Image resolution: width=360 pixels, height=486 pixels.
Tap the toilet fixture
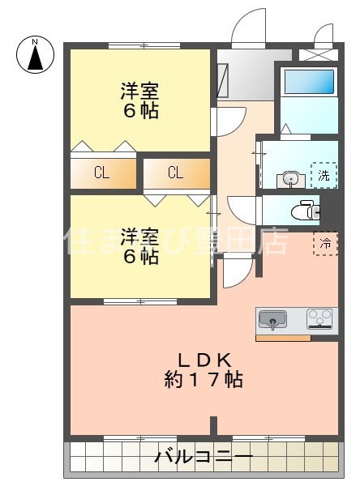point(308,207)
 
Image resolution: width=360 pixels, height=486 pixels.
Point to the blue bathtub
point(308,81)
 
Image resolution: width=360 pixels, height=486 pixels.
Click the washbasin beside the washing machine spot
point(289,179)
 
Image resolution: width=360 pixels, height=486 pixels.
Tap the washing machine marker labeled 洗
point(324,175)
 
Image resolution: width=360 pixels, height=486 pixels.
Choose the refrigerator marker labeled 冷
point(326,243)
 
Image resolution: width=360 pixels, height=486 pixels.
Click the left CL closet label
point(102,172)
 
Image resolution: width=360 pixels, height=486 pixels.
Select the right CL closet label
point(175,172)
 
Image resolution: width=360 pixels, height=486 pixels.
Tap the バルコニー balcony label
point(204,458)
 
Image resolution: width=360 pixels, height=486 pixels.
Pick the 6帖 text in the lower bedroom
point(139,258)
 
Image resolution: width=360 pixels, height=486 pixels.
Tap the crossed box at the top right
point(317,56)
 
